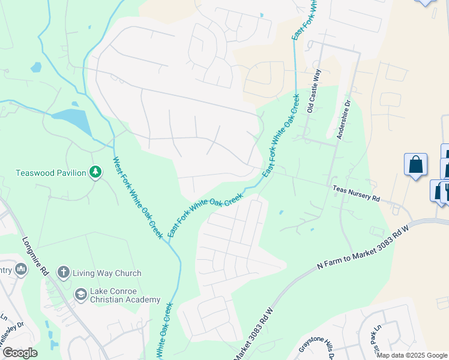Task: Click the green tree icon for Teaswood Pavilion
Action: tap(95, 173)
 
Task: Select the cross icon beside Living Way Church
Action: tap(63, 273)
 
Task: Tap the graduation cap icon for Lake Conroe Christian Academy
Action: tap(80, 295)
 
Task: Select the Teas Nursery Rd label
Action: tap(357, 193)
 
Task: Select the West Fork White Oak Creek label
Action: tap(137, 197)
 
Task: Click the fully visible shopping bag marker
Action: tap(415, 164)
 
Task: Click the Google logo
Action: tap(20, 353)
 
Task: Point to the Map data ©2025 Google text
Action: tap(411, 355)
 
